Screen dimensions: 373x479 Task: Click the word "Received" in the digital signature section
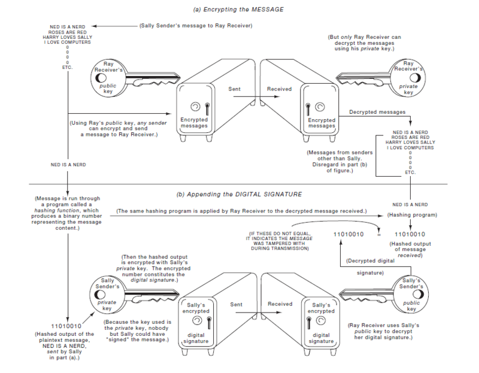[x=280, y=304]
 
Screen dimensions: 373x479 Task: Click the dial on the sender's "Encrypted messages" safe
[x=195, y=107]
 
